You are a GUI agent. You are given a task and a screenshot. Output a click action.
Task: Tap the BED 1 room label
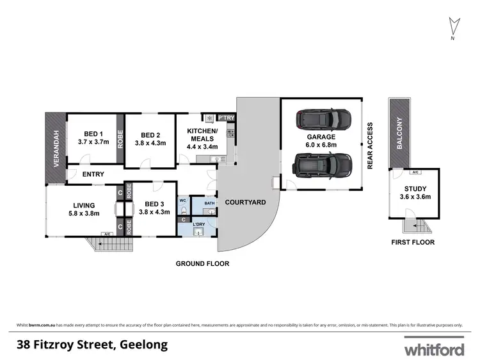click(90, 135)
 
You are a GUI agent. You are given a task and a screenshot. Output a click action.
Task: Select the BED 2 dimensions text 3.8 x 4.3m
click(150, 143)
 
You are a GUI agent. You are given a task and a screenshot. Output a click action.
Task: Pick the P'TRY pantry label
click(227, 118)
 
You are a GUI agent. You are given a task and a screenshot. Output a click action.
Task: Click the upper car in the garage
click(323, 119)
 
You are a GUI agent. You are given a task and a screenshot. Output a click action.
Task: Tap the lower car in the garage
click(323, 166)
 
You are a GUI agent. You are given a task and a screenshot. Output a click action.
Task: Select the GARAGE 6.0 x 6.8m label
click(321, 142)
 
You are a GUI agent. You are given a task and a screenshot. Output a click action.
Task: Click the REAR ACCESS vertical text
click(370, 145)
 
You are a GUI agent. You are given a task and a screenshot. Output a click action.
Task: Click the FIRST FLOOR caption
click(413, 242)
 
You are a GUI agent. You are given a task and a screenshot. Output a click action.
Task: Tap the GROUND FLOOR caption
click(203, 263)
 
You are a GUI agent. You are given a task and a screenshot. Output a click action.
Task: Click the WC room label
click(182, 200)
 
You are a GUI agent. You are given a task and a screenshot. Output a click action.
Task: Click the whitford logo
click(433, 349)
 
